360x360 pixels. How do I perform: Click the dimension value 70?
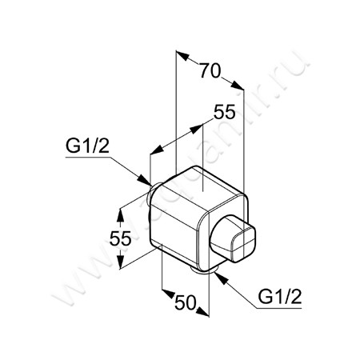(210, 69)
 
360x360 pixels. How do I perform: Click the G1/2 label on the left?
(84, 147)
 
